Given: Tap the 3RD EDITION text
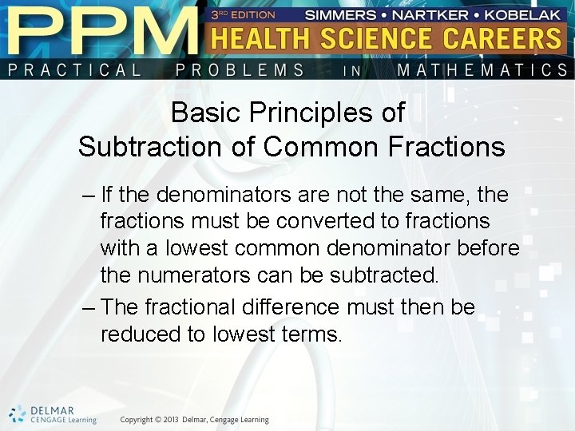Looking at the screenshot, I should (x=243, y=14).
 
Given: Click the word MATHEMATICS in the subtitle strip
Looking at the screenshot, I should (x=482, y=69).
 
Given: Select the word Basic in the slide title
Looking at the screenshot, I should (x=204, y=113).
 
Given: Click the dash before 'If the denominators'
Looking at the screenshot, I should (x=88, y=194).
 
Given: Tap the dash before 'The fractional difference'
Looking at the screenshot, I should (x=88, y=307).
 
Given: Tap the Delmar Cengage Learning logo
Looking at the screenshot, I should (x=53, y=414).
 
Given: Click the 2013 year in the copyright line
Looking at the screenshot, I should (x=167, y=420).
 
